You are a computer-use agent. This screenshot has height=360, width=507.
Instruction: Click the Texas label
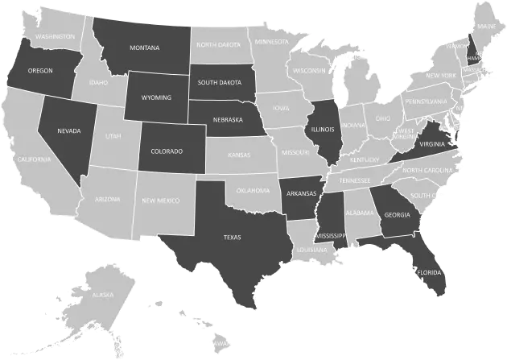pyautogui.click(x=232, y=237)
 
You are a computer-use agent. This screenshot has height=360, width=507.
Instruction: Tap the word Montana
pyautogui.click(x=143, y=47)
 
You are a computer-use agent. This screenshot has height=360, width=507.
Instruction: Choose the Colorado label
pyautogui.click(x=167, y=151)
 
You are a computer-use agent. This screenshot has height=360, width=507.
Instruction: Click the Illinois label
pyautogui.click(x=323, y=128)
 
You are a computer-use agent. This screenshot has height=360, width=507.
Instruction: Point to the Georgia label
pyautogui.click(x=397, y=215)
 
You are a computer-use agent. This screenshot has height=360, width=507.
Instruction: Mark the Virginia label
pyautogui.click(x=431, y=144)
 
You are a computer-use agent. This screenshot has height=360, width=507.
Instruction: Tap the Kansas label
pyautogui.click(x=239, y=154)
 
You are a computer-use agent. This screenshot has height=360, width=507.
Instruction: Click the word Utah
pyautogui.click(x=113, y=136)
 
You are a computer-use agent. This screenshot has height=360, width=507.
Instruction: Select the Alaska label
pyautogui.click(x=102, y=296)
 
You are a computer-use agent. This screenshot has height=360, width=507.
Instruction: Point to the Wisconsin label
pyautogui.click(x=309, y=70)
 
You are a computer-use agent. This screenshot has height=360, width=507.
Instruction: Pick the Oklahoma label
pyautogui.click(x=253, y=191)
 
